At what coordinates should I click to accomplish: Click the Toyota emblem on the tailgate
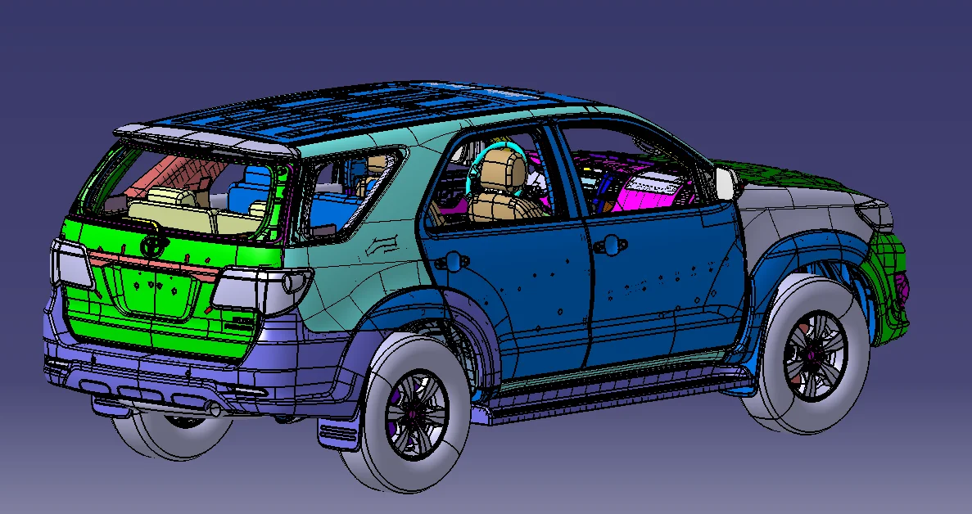point(152,245)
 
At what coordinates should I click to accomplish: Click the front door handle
point(606,245)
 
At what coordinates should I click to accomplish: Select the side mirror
point(726,183)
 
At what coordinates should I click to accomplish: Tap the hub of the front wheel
point(813,354)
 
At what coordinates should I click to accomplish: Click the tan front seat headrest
point(501,170)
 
